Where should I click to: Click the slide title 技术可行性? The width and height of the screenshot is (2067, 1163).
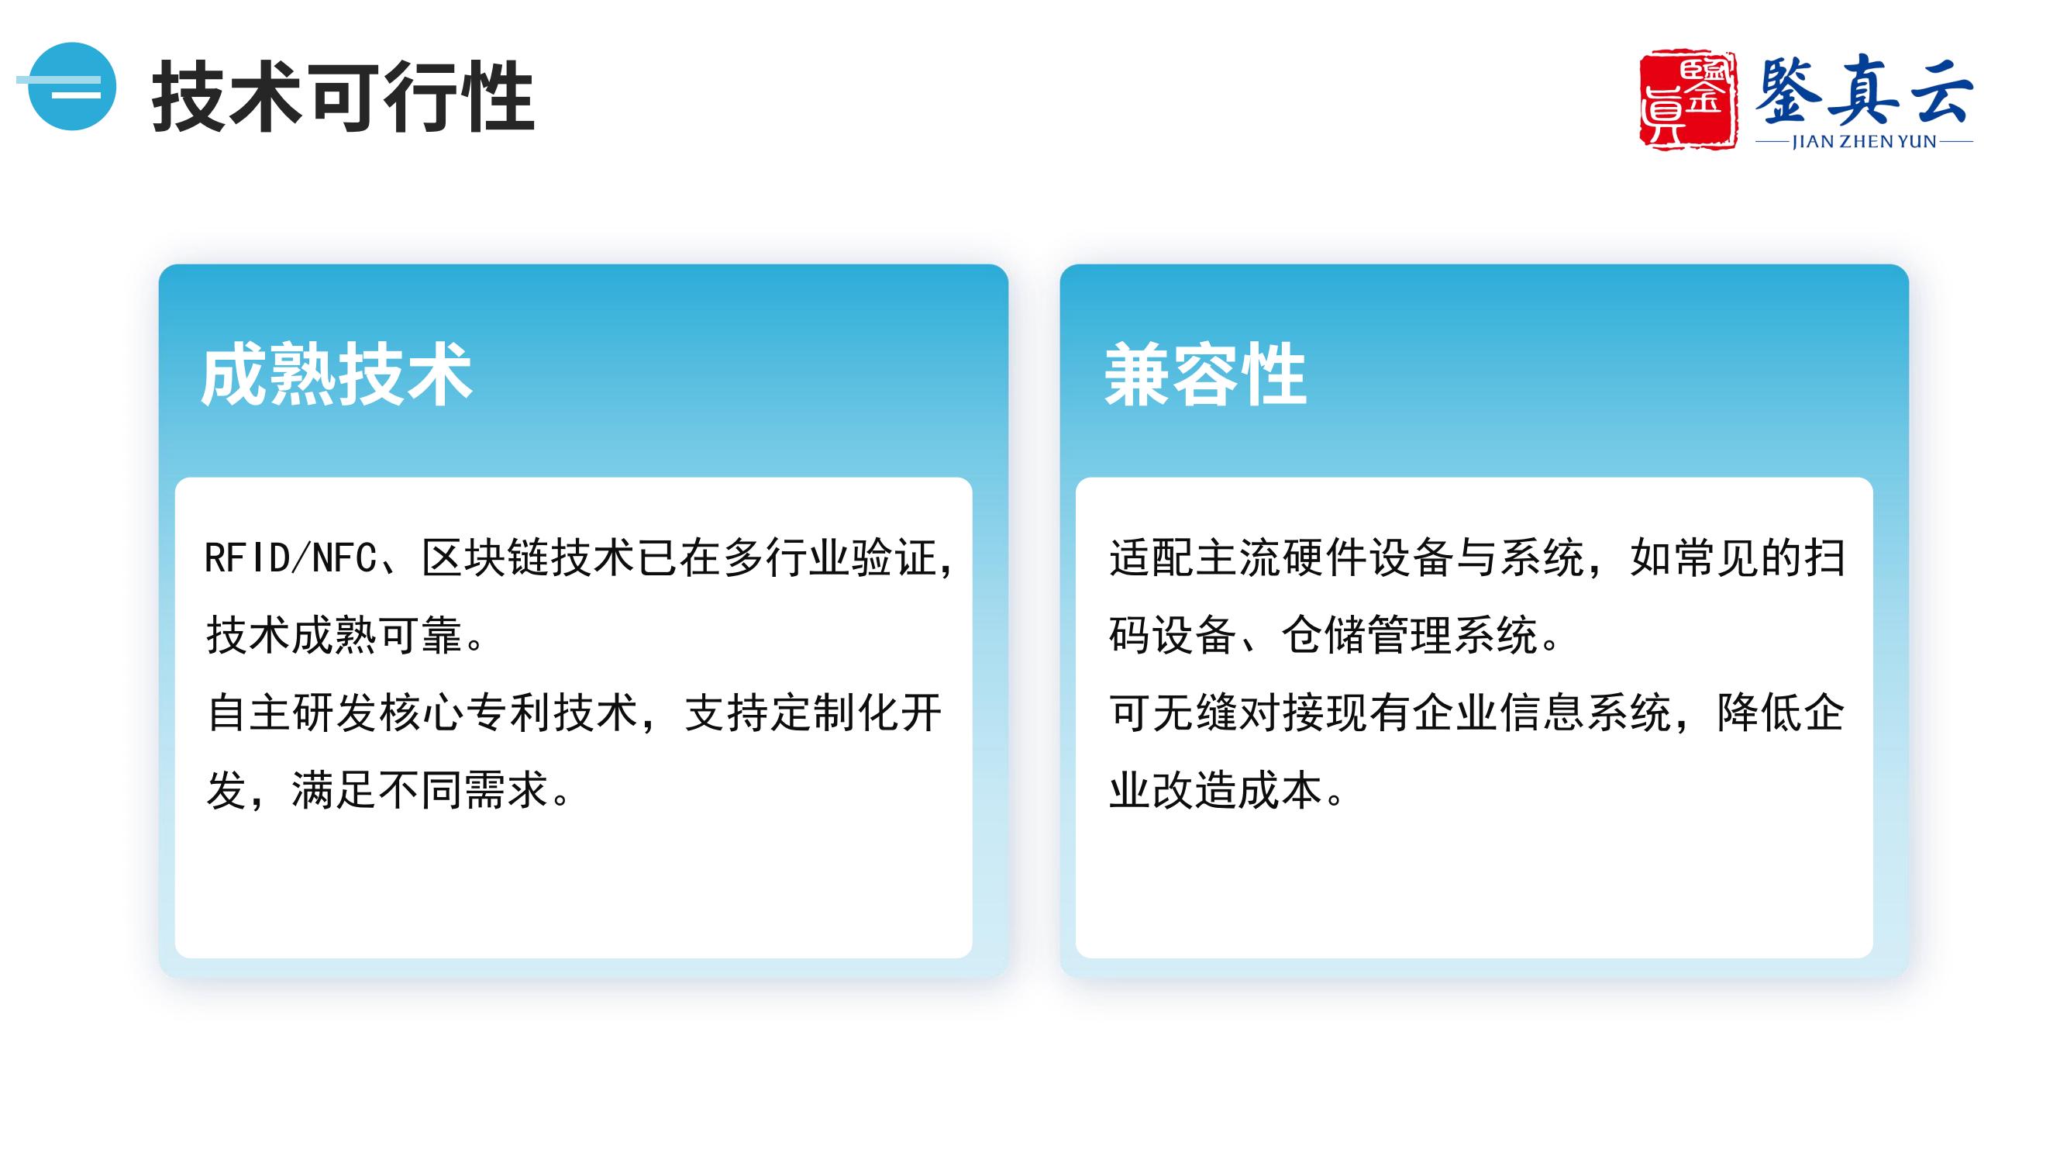coord(343,95)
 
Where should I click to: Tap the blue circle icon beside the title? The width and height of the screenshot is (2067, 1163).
coord(71,86)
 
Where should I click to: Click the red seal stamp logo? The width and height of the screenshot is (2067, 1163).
coord(1687,101)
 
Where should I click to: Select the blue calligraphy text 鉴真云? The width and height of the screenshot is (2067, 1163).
coord(1863,90)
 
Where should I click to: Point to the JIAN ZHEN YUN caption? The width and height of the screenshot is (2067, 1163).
coord(1864,142)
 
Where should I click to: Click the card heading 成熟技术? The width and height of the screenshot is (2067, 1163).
coord(336,374)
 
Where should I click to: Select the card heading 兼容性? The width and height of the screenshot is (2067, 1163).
coord(1205,374)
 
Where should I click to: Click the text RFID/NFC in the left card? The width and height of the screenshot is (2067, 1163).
coord(291,557)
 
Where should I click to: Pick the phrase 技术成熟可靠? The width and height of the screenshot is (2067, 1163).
coord(335,635)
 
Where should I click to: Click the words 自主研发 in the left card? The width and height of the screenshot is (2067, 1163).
coord(291,712)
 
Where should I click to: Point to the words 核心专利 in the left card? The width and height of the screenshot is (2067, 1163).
coord(464,712)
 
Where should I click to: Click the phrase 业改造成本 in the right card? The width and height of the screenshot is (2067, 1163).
coord(1217,790)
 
